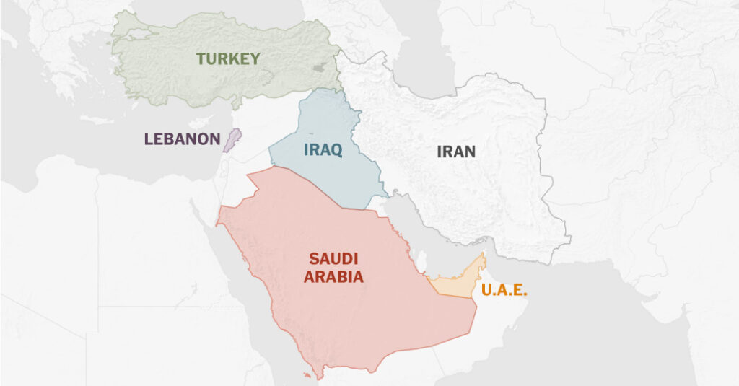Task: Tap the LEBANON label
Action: [x=182, y=139]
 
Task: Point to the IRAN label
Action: [x=456, y=152]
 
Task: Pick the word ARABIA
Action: [x=333, y=276]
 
